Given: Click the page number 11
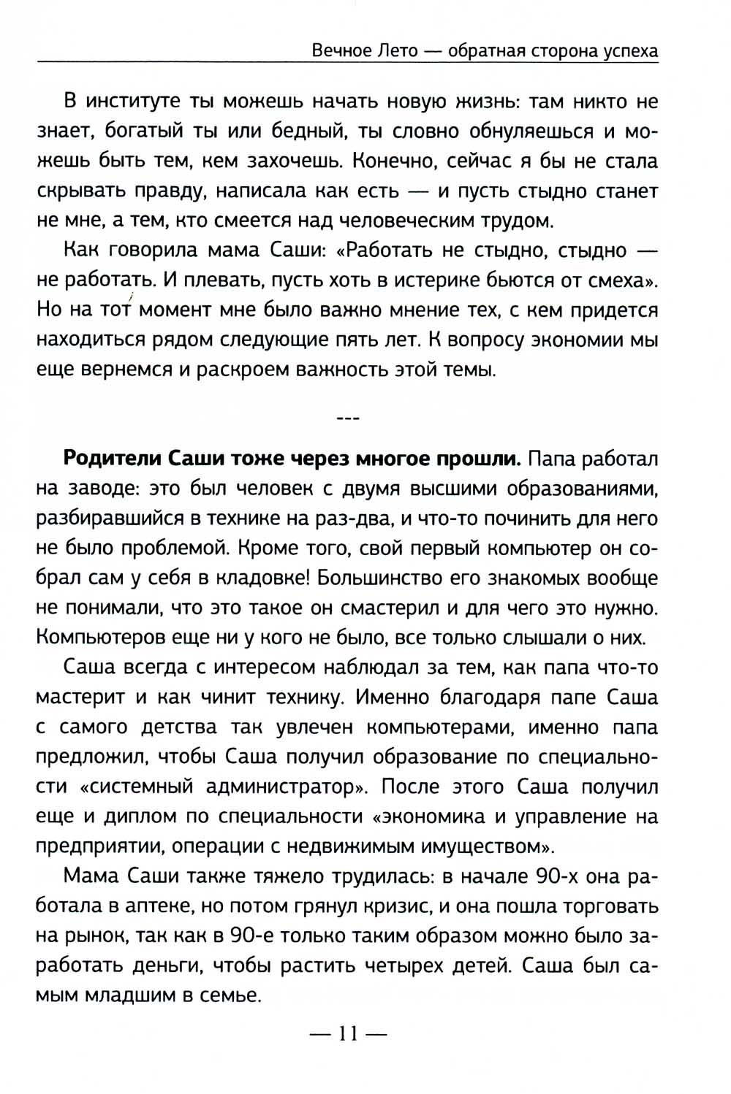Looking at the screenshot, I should coord(346,1034).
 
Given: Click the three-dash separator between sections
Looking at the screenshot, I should coord(346,418).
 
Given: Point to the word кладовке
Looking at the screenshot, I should coord(254,578).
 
